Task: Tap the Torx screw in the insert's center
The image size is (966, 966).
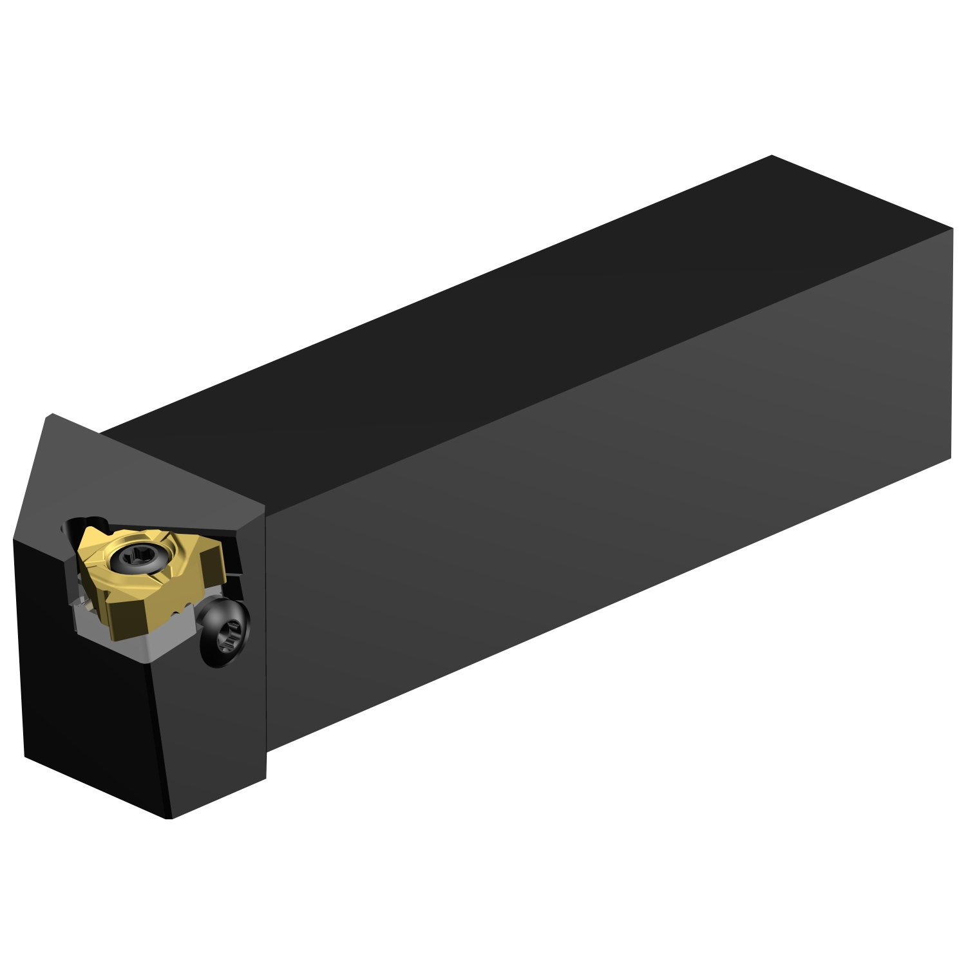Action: (137, 555)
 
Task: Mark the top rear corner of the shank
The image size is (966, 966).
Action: (772, 156)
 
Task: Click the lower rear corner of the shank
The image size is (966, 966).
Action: (951, 458)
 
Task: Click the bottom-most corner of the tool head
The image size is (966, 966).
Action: (169, 819)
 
